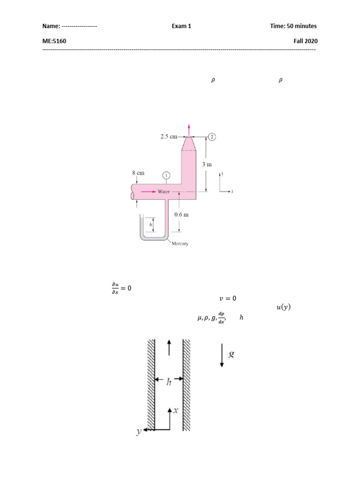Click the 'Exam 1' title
pos(181,26)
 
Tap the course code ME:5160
pos(54,41)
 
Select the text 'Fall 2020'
pos(306,41)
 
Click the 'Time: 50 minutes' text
pos(293,26)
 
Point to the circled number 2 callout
pos(212,136)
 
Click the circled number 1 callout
pos(166,175)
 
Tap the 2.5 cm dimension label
pos(169,136)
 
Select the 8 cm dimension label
pos(138,173)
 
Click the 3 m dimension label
pos(207,165)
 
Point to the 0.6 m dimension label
pos(181,215)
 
